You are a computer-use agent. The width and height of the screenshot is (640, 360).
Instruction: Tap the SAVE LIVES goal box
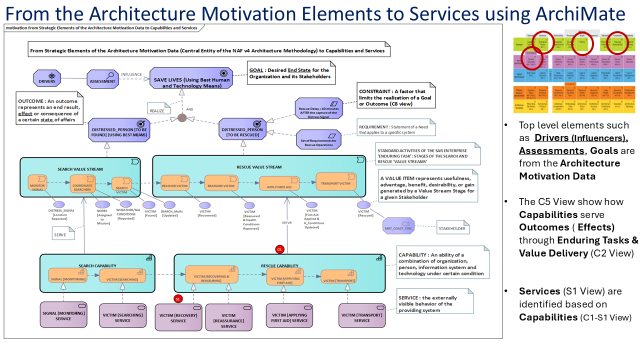(191, 78)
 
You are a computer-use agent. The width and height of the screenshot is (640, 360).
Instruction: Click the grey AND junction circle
(182, 118)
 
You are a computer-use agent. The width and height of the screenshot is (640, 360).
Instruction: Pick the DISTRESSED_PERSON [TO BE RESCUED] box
(243, 129)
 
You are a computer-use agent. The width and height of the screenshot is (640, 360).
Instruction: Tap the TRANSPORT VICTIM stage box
(336, 183)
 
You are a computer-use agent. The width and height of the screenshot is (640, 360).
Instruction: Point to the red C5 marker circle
(279, 249)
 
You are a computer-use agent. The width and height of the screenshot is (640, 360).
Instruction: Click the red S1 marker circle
(177, 299)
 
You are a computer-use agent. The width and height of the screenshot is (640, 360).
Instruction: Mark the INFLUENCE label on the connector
(131, 74)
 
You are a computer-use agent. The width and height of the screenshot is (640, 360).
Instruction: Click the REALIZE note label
(156, 111)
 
